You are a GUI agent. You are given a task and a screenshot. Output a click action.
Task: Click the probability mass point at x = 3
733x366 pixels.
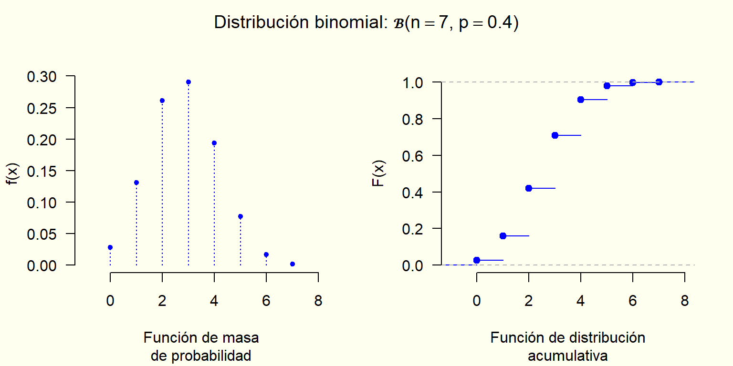pos(188,82)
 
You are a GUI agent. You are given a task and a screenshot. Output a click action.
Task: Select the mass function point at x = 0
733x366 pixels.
pos(110,247)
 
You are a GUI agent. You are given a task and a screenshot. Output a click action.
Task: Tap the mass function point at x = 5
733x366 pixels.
pos(241,216)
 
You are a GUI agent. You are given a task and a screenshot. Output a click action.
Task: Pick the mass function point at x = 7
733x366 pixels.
pos(293,264)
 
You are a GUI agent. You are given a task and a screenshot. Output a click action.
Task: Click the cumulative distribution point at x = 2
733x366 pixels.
pos(529,188)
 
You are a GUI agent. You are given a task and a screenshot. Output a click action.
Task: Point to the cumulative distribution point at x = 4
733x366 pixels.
pos(581,100)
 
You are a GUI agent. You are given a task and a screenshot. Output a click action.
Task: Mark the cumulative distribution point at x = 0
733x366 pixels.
pos(477,260)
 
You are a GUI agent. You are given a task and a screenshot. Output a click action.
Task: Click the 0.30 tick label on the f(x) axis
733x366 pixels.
pos(42,76)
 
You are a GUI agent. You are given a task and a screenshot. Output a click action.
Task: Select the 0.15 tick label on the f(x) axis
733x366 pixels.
pos(42,171)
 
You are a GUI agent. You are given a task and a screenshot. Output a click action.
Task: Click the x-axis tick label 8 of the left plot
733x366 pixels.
pos(318,301)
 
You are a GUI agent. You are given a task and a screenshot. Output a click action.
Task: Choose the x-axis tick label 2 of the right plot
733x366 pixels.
pos(529,301)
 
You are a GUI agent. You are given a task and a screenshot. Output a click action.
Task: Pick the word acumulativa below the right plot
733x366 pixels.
pos(568,356)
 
